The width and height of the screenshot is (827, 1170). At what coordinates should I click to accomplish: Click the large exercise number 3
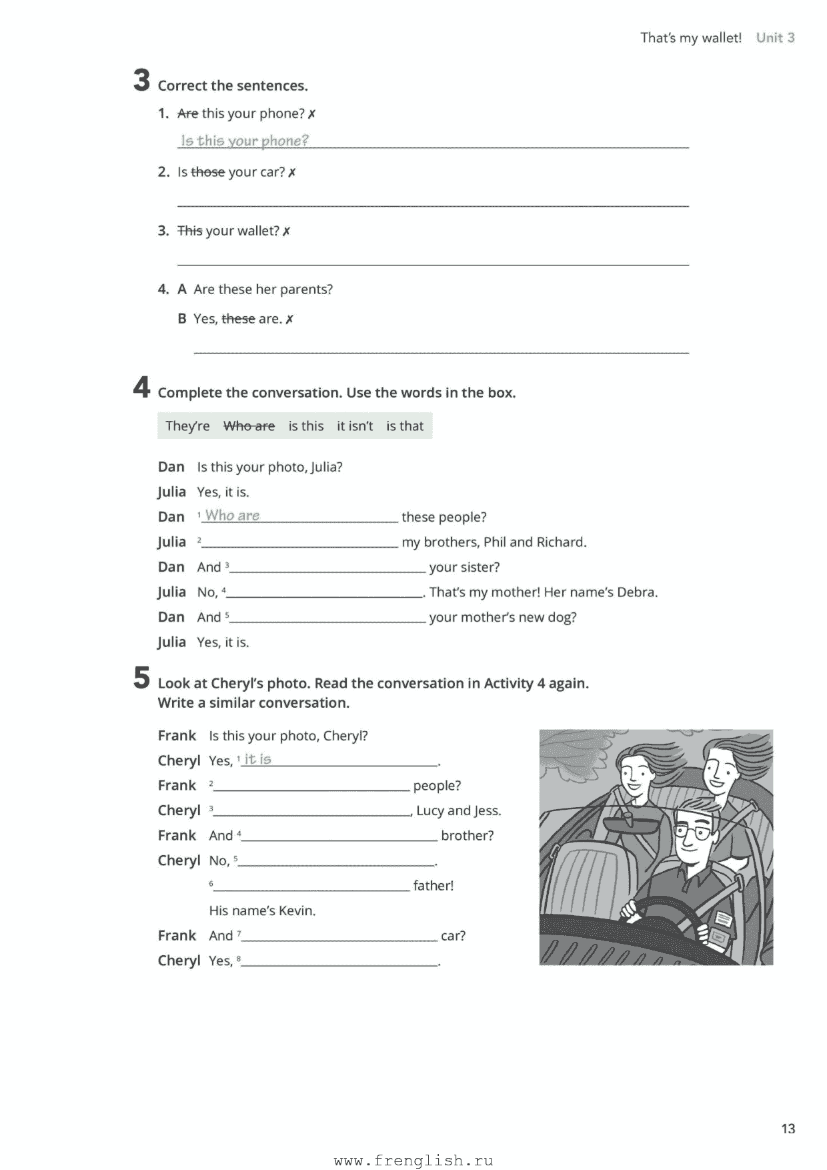[x=141, y=81]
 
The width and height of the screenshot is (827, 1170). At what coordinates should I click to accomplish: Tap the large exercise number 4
[x=141, y=388]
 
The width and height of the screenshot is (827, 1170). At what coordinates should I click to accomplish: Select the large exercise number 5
[x=141, y=678]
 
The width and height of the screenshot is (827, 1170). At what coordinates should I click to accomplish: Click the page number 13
[x=788, y=1129]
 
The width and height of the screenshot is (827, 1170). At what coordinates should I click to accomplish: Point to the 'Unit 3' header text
[x=775, y=38]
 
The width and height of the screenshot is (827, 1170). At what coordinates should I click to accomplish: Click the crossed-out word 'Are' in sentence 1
[x=187, y=114]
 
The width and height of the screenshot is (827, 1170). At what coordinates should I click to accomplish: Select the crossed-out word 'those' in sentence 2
[x=207, y=173]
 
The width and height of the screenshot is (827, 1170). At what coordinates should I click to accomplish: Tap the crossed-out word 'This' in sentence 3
[x=189, y=231]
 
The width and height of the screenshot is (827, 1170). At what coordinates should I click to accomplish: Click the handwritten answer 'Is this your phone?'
[x=245, y=141]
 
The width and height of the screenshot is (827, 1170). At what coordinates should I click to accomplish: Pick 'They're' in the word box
[x=187, y=426]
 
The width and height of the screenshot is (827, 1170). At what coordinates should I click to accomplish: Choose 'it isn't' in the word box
[x=355, y=426]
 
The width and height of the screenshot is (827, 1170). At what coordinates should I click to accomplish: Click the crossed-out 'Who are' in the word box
[x=249, y=426]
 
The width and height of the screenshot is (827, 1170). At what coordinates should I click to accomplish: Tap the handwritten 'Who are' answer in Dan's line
[x=232, y=516]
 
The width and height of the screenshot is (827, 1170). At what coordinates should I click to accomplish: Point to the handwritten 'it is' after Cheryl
[x=257, y=759]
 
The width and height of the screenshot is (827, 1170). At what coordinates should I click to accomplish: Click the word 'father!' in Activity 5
[x=433, y=886]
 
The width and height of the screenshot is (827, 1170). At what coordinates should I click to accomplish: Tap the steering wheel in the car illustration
[x=660, y=917]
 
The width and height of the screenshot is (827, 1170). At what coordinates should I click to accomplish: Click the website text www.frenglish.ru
[x=413, y=1161]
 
